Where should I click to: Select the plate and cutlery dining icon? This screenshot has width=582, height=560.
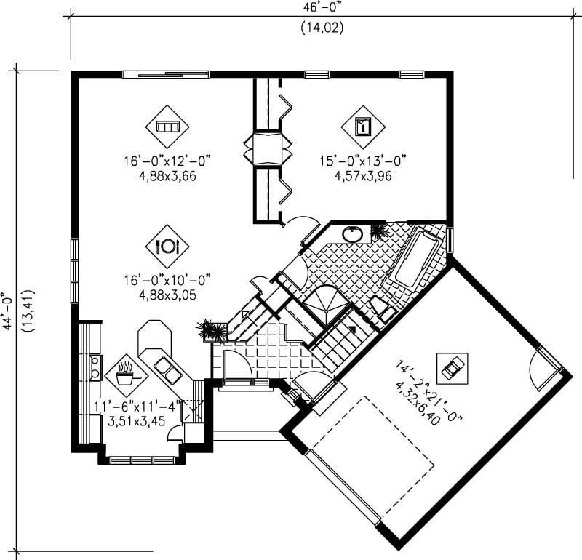(167, 246)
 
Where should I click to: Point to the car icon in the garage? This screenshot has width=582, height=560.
(452, 367)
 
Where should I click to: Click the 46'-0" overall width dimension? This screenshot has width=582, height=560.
(321, 8)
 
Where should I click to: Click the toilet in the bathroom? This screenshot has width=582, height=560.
(381, 308)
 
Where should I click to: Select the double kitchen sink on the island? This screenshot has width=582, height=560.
(170, 372)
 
